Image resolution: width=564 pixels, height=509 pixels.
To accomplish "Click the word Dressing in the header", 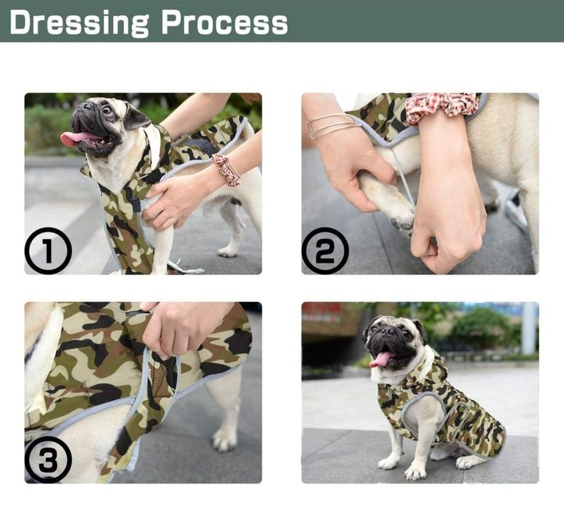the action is [x=79, y=23].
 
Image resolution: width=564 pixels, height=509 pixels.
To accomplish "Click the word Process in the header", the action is [x=225, y=23].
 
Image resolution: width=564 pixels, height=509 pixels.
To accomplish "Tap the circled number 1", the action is [x=48, y=251].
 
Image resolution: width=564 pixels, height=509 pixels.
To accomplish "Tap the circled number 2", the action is [x=325, y=251].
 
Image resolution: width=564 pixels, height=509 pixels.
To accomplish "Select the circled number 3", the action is [x=48, y=459].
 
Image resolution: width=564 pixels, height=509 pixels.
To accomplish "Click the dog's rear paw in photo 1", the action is [x=227, y=252].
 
